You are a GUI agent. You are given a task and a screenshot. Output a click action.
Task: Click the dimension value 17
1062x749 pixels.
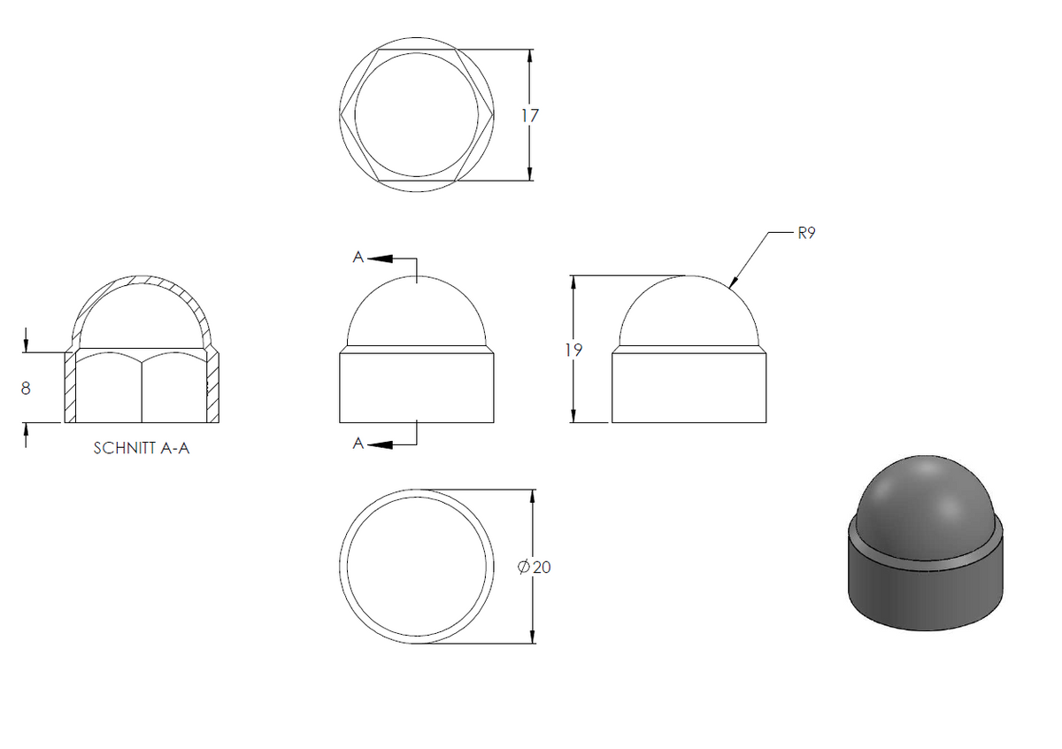click(530, 116)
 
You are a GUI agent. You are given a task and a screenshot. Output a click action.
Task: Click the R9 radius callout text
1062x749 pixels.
click(806, 234)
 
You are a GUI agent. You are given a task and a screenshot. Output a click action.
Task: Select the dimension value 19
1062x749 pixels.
click(573, 350)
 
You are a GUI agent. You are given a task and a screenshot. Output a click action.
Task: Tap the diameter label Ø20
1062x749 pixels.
click(534, 567)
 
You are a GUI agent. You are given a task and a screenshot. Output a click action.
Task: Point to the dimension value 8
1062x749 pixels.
click(26, 389)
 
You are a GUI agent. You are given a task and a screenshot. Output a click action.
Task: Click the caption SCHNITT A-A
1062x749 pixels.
click(142, 448)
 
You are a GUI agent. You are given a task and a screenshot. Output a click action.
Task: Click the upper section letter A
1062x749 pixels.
click(358, 257)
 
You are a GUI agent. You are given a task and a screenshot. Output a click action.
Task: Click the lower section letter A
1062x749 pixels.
click(358, 444)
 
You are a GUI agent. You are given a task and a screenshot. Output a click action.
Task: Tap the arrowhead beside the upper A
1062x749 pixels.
click(381, 259)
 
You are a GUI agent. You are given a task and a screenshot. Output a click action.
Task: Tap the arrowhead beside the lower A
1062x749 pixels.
click(381, 445)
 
